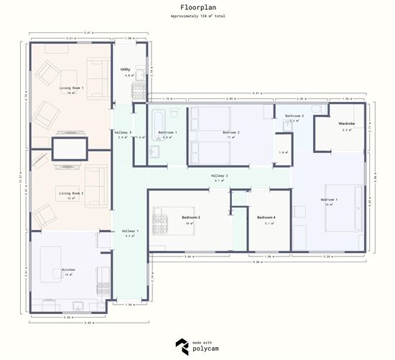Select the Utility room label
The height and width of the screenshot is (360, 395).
tap(125, 69)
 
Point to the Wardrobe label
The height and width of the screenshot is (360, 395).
tap(348, 124)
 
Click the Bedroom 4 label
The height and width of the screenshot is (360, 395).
tap(266, 217)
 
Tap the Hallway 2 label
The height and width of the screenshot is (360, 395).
tap(219, 175)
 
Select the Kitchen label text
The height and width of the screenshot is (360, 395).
tap(68, 270)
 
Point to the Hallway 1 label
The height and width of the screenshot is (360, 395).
tap(130, 231)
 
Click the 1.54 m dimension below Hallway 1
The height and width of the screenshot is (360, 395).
tap(130, 305)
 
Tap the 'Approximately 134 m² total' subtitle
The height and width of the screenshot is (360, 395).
tap(197, 16)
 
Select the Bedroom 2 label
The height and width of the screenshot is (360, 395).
tap(231, 133)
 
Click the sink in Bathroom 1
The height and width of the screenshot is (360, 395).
tap(154, 151)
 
